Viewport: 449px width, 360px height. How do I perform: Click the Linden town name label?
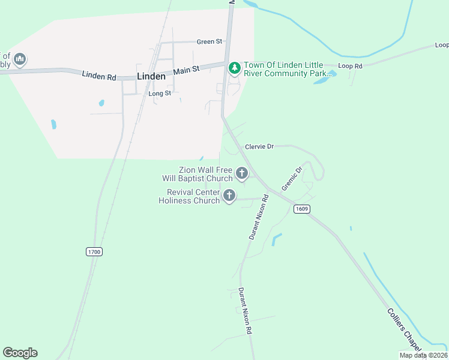click(x=151, y=76)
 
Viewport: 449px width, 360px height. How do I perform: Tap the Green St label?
click(x=209, y=41)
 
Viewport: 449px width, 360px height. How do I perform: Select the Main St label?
click(x=186, y=70)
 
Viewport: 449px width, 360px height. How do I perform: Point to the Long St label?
click(x=160, y=94)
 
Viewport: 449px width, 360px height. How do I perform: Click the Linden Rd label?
click(x=99, y=76)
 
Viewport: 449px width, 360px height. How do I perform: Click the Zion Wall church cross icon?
click(x=242, y=174)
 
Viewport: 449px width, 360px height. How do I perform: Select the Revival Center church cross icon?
click(x=229, y=196)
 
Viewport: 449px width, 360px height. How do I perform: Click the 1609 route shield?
click(x=301, y=209)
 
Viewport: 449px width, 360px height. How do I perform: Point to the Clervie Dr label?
click(x=259, y=146)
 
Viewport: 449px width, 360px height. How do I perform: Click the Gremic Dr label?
click(x=290, y=178)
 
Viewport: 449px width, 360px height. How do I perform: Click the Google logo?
click(x=20, y=353)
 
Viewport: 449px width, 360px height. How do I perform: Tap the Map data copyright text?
click(x=424, y=355)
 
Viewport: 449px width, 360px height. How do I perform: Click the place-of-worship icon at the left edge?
click(x=20, y=59)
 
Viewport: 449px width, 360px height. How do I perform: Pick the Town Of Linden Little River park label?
click(x=283, y=69)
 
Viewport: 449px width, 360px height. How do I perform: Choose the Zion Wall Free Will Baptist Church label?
click(x=197, y=174)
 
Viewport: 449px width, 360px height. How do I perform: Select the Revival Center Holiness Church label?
click(x=189, y=196)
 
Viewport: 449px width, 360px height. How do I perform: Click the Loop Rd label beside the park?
click(x=351, y=65)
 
